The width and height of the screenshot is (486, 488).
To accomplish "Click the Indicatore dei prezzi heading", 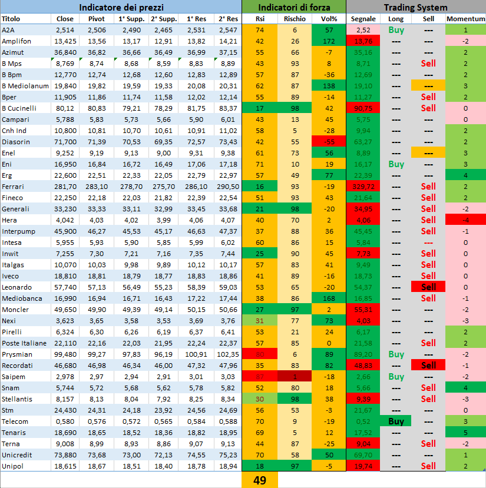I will click(x=121, y=7).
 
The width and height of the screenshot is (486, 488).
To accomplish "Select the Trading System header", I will click(x=415, y=7).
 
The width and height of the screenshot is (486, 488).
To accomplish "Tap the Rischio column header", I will click(x=295, y=19).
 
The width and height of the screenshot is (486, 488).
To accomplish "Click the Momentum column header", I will click(x=465, y=19).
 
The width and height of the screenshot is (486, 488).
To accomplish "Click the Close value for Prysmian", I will click(x=65, y=354).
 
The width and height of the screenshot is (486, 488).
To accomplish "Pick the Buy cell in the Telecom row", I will click(x=396, y=421).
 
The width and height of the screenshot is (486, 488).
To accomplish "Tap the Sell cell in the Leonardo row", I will click(x=429, y=287).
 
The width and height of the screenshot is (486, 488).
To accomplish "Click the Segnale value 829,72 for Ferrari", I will click(x=363, y=186).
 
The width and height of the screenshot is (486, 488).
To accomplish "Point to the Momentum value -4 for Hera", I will click(x=465, y=220).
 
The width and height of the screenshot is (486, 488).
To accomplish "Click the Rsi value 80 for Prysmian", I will click(x=260, y=354).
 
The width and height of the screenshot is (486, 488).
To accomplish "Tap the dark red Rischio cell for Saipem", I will click(x=295, y=376).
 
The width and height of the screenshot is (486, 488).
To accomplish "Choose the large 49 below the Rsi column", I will click(x=260, y=480).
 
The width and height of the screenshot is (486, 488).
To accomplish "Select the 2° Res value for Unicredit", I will click(x=227, y=454).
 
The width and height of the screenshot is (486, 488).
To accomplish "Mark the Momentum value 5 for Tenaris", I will click(x=465, y=432).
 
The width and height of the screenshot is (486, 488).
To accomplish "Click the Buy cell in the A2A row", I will click(x=396, y=29).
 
